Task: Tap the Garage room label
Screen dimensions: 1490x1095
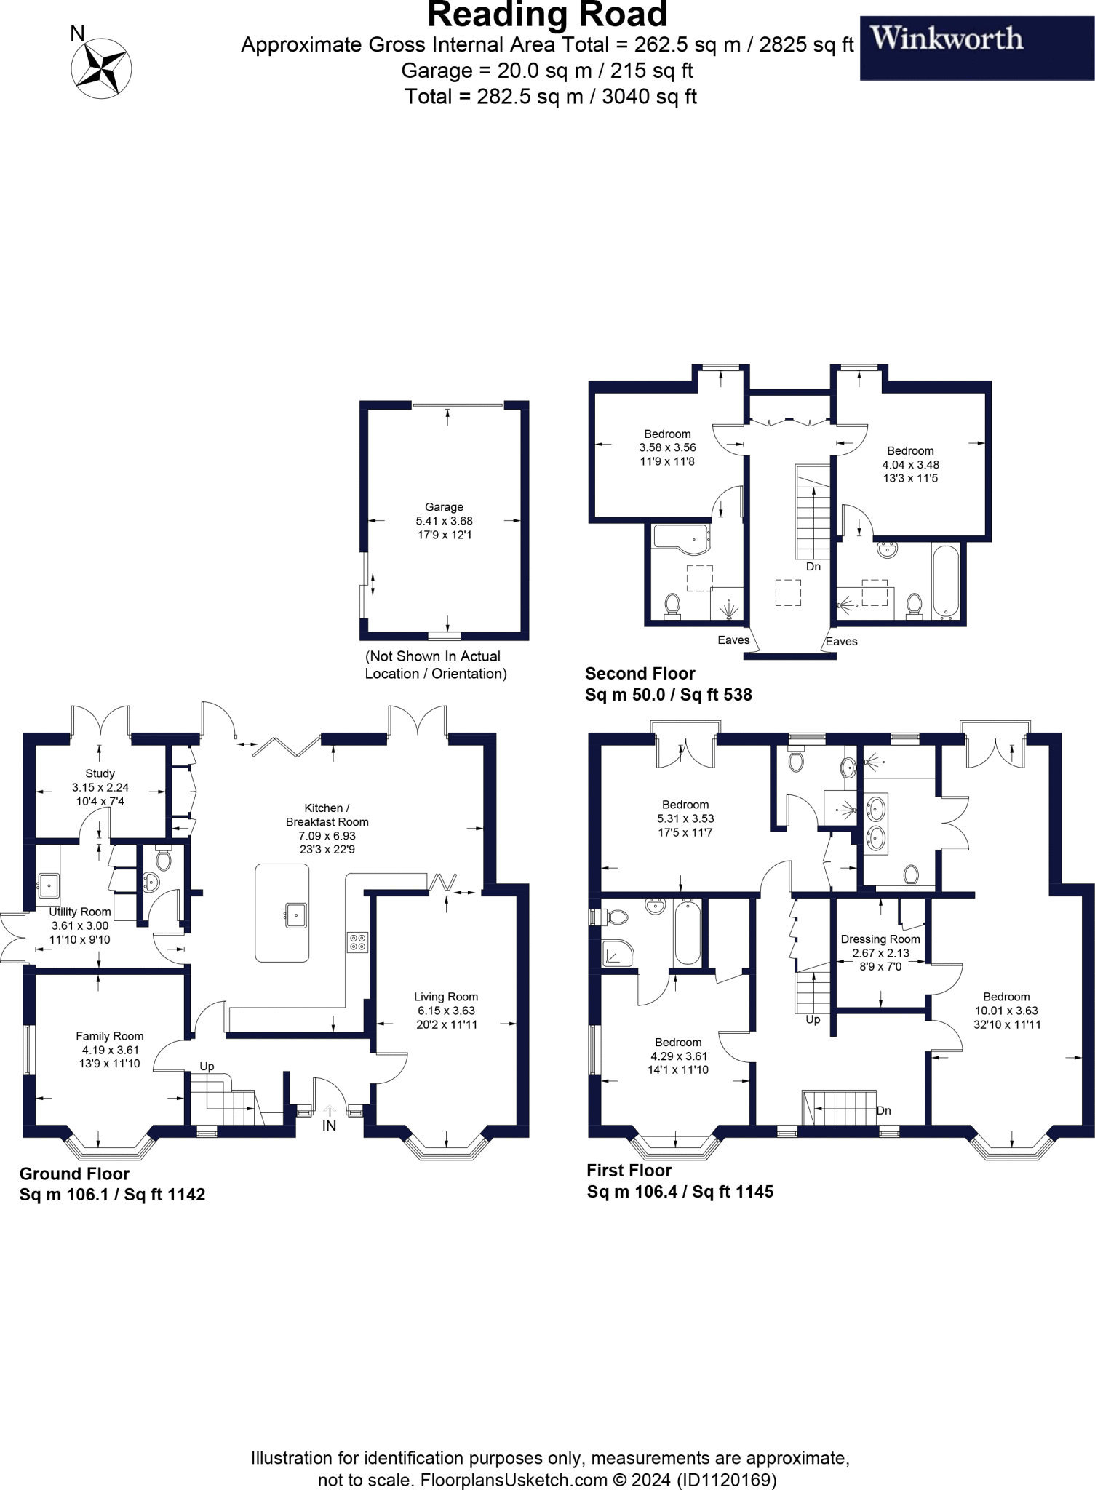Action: tap(444, 507)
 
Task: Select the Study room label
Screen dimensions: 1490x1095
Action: tap(100, 773)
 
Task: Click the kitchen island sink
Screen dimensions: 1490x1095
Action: tap(295, 915)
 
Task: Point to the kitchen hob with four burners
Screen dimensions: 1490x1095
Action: tap(357, 942)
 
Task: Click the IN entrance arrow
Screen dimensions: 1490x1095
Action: tap(329, 1111)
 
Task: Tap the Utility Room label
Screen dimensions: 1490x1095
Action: tap(80, 912)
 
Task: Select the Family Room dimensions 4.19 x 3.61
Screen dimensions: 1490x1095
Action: tap(111, 1050)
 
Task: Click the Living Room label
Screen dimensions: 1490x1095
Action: tap(446, 997)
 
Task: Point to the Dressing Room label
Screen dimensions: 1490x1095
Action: tap(880, 939)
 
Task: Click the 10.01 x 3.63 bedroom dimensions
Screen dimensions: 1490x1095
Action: tap(1006, 1011)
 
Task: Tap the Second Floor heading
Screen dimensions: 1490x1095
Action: tap(640, 673)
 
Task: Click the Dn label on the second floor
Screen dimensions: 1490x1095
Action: tap(813, 567)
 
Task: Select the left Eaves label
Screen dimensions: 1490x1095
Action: tap(733, 640)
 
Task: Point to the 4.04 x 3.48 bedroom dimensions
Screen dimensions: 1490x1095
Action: tap(910, 464)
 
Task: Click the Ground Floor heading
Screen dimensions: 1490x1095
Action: tap(74, 1174)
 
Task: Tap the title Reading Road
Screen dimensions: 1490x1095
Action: tap(547, 15)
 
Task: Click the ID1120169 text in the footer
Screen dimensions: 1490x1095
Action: tap(726, 1480)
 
